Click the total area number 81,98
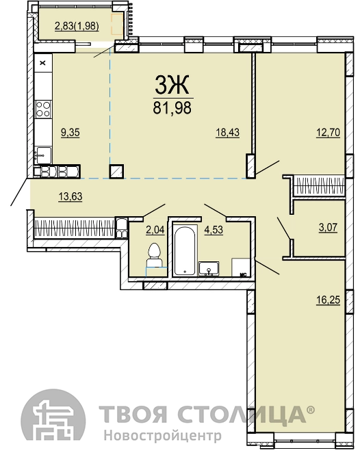point(172,107)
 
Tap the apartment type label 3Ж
point(172,85)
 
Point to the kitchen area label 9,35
point(70,133)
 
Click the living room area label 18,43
point(228,133)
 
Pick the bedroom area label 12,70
point(329,133)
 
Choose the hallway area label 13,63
point(70,197)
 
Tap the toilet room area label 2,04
point(155,230)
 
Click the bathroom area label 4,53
point(214,230)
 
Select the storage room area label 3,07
point(329,227)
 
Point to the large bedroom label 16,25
point(329,300)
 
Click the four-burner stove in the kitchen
point(43,109)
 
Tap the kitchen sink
point(43,155)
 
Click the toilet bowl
point(154,255)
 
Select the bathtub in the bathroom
point(185,250)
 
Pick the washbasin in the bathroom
point(209,268)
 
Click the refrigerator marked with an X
point(43,62)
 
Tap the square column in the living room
point(116,171)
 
